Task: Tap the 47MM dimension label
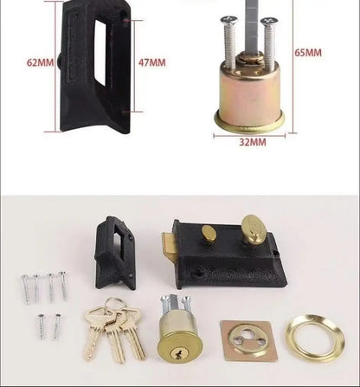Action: click(151, 62)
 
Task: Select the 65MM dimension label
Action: click(308, 52)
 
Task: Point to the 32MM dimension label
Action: click(251, 141)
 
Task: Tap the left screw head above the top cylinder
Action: click(229, 18)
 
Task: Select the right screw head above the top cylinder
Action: click(267, 20)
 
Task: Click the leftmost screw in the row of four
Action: click(25, 287)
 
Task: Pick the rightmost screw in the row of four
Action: click(62, 285)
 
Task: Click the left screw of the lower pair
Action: click(41, 326)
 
